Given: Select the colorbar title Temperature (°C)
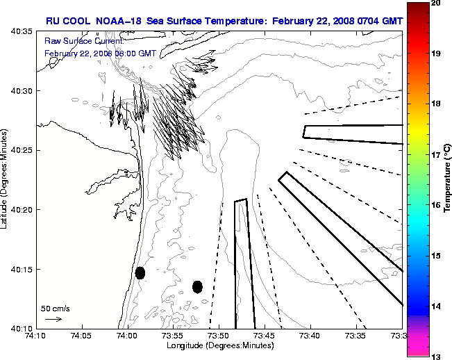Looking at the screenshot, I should click(448, 179).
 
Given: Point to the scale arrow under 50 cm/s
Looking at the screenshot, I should click(53, 319).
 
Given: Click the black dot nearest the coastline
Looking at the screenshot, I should click(140, 272).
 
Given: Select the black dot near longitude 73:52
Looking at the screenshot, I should click(197, 286).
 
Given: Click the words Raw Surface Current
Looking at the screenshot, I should click(76, 41).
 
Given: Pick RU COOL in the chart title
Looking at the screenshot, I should click(62, 21).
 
